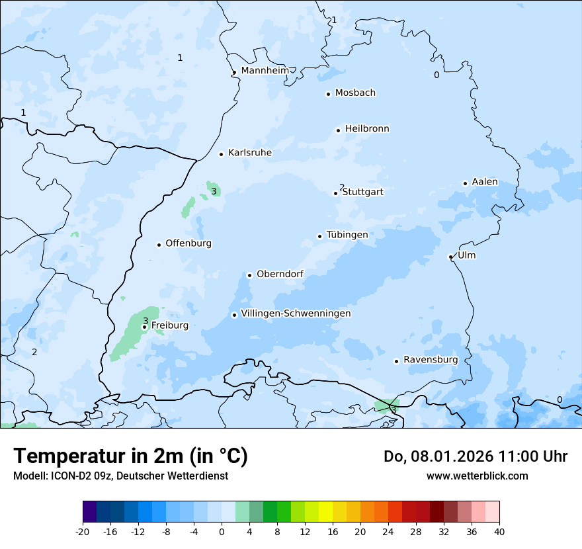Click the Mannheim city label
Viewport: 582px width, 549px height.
coord(265,71)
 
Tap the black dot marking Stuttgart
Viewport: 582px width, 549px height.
coord(335,193)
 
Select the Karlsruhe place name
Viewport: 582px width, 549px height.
coord(249,153)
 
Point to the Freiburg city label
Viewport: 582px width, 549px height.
coord(169,325)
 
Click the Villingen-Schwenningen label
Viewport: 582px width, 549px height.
coord(296,314)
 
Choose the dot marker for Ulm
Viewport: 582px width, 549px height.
coord(450,257)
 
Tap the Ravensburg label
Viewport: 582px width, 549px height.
coord(430,360)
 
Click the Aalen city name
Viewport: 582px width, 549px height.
coord(484,182)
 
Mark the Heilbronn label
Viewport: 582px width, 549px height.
coord(367,129)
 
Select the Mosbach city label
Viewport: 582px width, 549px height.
coord(355,93)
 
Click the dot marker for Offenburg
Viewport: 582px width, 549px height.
coord(159,245)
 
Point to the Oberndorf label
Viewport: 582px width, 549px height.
coord(280,274)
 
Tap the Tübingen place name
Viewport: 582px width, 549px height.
coord(347,235)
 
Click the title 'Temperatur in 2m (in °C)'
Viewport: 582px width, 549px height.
coord(130,456)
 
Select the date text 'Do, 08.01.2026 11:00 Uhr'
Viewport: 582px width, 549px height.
coord(475,456)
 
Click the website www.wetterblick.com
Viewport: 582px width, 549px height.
coord(477,476)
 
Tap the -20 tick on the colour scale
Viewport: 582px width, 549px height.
coord(83,532)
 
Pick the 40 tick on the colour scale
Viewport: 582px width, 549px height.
coord(499,532)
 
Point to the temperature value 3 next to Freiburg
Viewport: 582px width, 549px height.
coord(145,321)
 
